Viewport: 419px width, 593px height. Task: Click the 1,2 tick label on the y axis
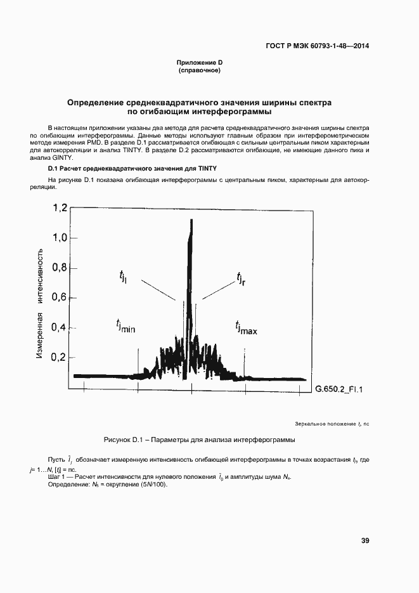coord(60,208)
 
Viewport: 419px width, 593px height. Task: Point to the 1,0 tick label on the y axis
coord(60,238)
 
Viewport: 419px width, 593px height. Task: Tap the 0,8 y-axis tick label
coord(60,268)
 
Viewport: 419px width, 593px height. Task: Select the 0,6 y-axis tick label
coord(60,297)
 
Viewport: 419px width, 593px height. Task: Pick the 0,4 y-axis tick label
coord(60,327)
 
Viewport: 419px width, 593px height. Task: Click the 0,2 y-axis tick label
coord(60,357)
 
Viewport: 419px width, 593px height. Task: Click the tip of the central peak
coord(190,220)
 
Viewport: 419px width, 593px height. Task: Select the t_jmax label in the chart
coord(245,327)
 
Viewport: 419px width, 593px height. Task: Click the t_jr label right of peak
coord(241,278)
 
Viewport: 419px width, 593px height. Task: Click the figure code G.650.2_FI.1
coord(342,388)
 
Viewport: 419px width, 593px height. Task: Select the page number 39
coord(365,540)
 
